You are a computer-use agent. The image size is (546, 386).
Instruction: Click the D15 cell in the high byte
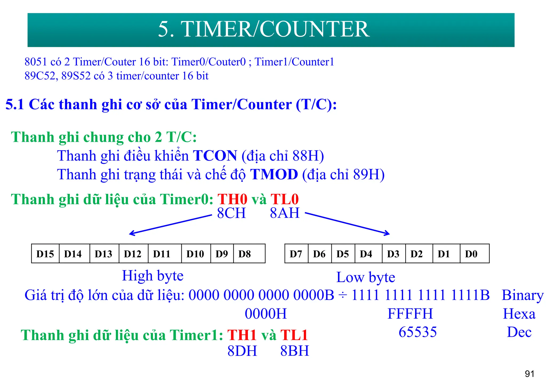tap(45, 254)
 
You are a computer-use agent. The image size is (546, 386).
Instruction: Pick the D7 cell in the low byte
tap(296, 254)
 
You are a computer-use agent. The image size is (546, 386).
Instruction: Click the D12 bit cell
tap(133, 254)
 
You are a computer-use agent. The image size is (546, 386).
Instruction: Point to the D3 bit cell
tap(393, 254)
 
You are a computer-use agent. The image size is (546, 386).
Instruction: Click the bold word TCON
tap(215, 156)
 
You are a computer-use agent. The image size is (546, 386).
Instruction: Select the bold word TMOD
tap(274, 174)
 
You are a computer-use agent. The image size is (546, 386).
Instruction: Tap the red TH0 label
tap(232, 199)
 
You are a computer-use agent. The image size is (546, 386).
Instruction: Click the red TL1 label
tap(294, 335)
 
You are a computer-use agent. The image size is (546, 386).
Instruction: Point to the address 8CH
tap(231, 213)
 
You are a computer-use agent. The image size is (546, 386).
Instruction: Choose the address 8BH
tap(295, 351)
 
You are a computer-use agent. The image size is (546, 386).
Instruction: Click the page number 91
tap(529, 374)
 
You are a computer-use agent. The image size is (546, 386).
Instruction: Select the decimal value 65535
tap(418, 332)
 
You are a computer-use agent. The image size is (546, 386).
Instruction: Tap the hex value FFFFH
tap(410, 314)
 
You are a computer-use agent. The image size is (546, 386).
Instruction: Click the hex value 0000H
tap(266, 314)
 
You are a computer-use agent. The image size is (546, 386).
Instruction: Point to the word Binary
tap(523, 295)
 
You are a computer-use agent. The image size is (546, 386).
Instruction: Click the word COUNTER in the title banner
tap(315, 29)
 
